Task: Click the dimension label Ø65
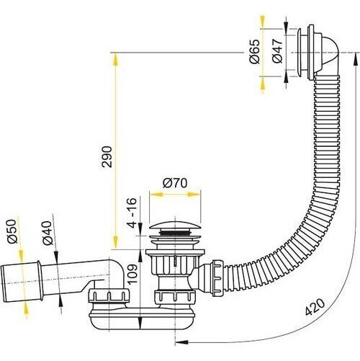[x=255, y=51]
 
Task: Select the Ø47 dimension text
[x=278, y=51]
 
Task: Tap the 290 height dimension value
[x=107, y=157]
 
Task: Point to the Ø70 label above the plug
[x=175, y=183]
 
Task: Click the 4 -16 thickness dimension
[x=132, y=213]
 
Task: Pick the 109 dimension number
[x=132, y=274]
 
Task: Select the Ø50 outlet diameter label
[x=12, y=231]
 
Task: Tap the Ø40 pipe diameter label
[x=48, y=233]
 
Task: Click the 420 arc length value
[x=315, y=307]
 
